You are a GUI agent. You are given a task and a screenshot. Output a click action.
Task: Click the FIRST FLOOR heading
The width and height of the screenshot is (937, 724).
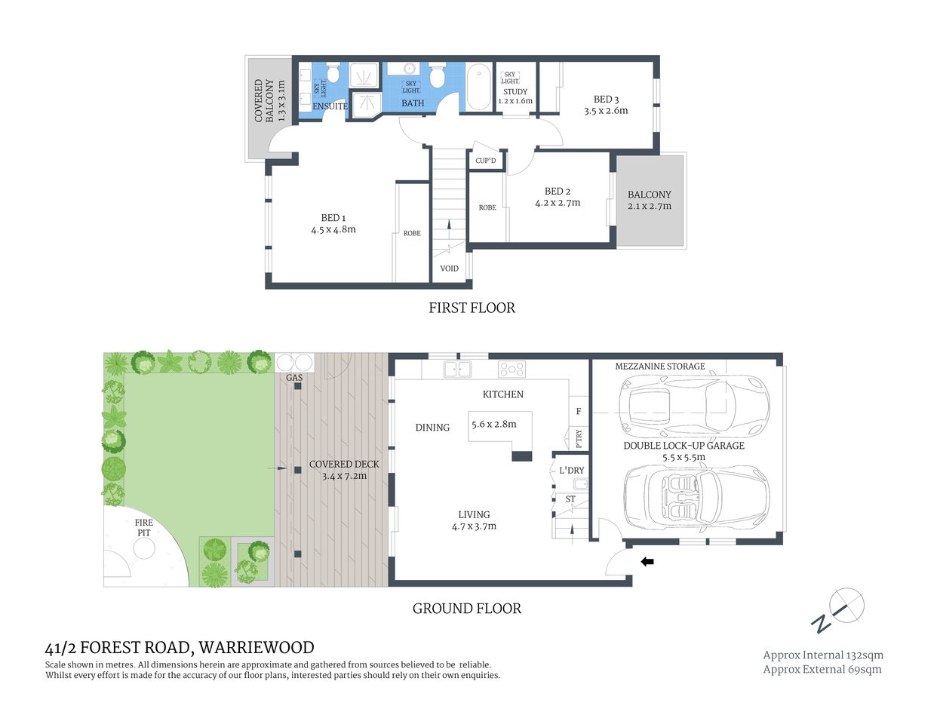[x=472, y=308]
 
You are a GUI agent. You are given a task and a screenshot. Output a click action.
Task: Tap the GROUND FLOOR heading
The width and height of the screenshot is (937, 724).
[x=466, y=609]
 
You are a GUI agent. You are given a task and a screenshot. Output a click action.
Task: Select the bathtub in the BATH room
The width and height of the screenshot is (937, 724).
[x=478, y=87]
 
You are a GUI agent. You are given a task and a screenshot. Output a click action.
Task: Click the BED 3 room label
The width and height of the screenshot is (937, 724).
[x=606, y=99]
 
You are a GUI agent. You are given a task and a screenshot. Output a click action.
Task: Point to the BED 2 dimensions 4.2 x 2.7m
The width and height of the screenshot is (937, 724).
[x=558, y=203]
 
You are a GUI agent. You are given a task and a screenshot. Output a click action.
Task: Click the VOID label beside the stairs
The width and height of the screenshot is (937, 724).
[x=449, y=268]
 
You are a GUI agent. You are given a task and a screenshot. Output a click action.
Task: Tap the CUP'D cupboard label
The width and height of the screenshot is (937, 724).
[x=486, y=161]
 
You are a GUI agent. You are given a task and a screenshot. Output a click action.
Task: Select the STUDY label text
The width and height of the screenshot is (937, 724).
[x=515, y=92]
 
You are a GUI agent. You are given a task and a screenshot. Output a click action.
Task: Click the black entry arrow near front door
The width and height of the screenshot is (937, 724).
[x=647, y=561]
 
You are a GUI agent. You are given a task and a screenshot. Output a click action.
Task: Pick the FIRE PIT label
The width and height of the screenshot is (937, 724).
[x=143, y=528]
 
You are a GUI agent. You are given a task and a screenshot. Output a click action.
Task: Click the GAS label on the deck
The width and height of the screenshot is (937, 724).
[x=294, y=377]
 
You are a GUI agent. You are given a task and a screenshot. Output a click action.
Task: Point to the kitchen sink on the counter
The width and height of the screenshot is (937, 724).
[x=457, y=369]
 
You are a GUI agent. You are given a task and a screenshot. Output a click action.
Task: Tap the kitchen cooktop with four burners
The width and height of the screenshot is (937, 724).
[x=512, y=369]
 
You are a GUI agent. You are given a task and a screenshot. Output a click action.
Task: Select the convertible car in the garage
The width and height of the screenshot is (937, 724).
[x=696, y=496]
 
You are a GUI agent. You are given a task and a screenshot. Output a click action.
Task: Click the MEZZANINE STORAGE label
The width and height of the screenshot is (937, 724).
[x=659, y=367]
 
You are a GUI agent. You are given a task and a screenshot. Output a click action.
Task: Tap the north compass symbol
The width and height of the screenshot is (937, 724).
[x=839, y=609]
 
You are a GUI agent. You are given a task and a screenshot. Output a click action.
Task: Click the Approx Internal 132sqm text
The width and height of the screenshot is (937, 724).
[x=822, y=655]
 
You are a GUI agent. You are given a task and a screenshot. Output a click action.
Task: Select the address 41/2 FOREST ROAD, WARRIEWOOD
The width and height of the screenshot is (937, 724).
[x=180, y=648]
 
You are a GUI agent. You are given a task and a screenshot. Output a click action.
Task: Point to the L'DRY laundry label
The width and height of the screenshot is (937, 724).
[x=571, y=471]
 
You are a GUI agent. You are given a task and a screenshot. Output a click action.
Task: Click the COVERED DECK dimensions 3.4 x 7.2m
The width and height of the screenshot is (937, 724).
[x=344, y=476]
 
